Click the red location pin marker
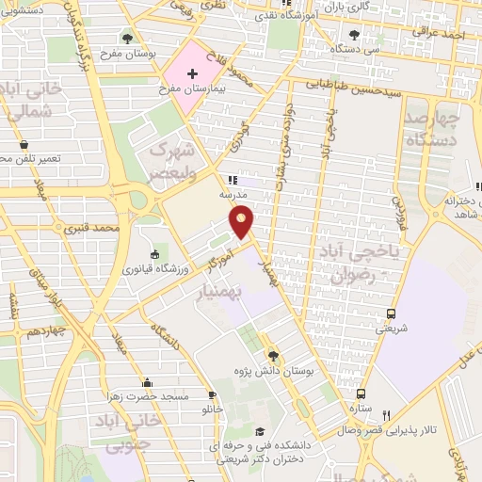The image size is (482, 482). coord(243,222)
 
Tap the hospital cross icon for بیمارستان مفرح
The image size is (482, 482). coord(193,72)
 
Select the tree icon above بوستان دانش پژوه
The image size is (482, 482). coord(273,355)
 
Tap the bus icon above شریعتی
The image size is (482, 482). coord(391,314)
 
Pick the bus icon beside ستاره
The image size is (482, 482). coord(361,394)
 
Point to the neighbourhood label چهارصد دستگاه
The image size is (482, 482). coord(432,130)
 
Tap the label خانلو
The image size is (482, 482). coord(213,410)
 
